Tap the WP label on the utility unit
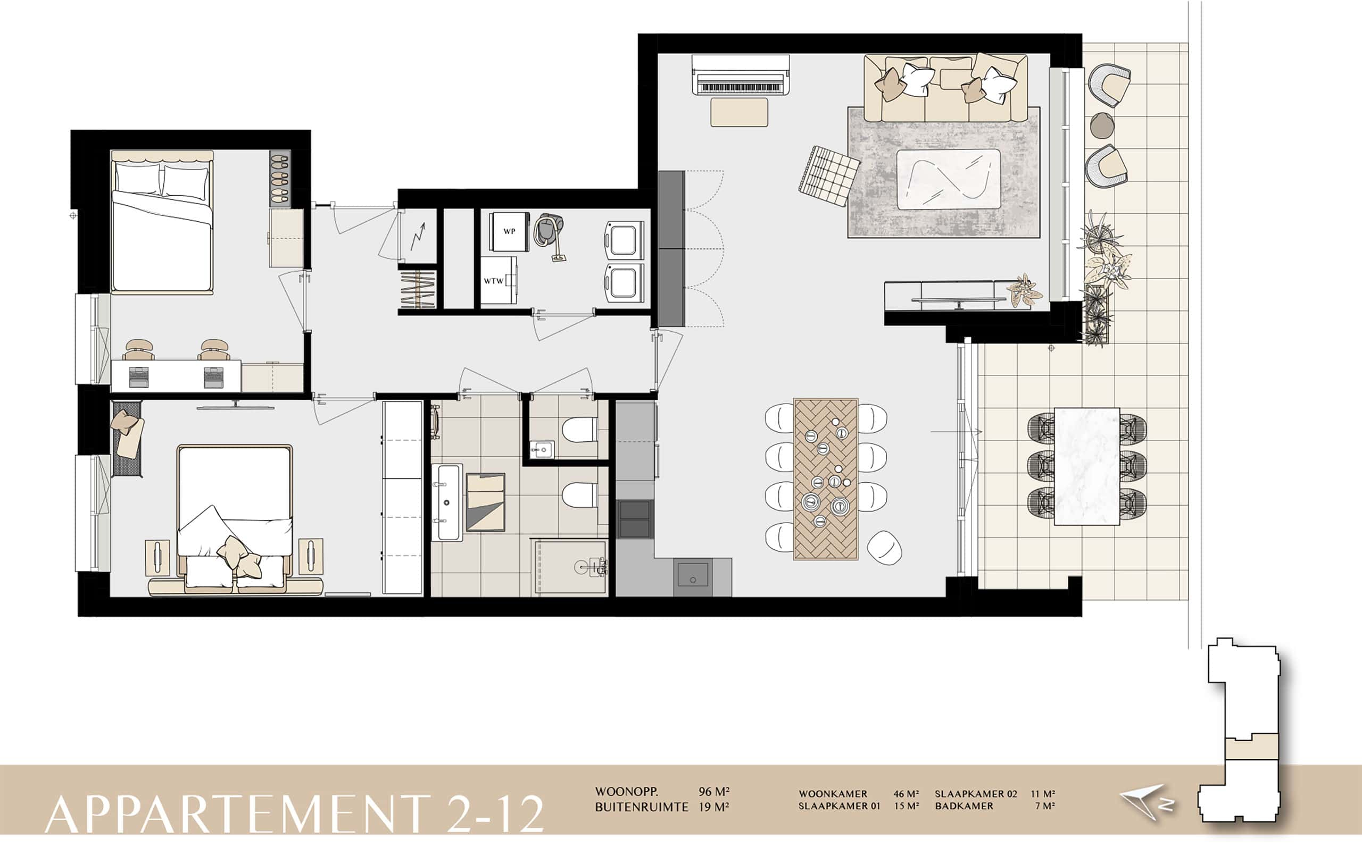click(509, 231)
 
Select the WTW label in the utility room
click(493, 281)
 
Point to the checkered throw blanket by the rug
click(828, 175)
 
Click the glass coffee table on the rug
click(948, 179)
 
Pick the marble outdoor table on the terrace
click(1087, 466)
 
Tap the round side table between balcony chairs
click(1101, 124)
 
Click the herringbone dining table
click(826, 479)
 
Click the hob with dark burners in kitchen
click(634, 518)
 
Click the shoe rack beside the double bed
click(279, 178)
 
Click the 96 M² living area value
click(714, 792)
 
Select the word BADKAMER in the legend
click(964, 806)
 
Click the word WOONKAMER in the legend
click(833, 794)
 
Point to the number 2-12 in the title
click(495, 813)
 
